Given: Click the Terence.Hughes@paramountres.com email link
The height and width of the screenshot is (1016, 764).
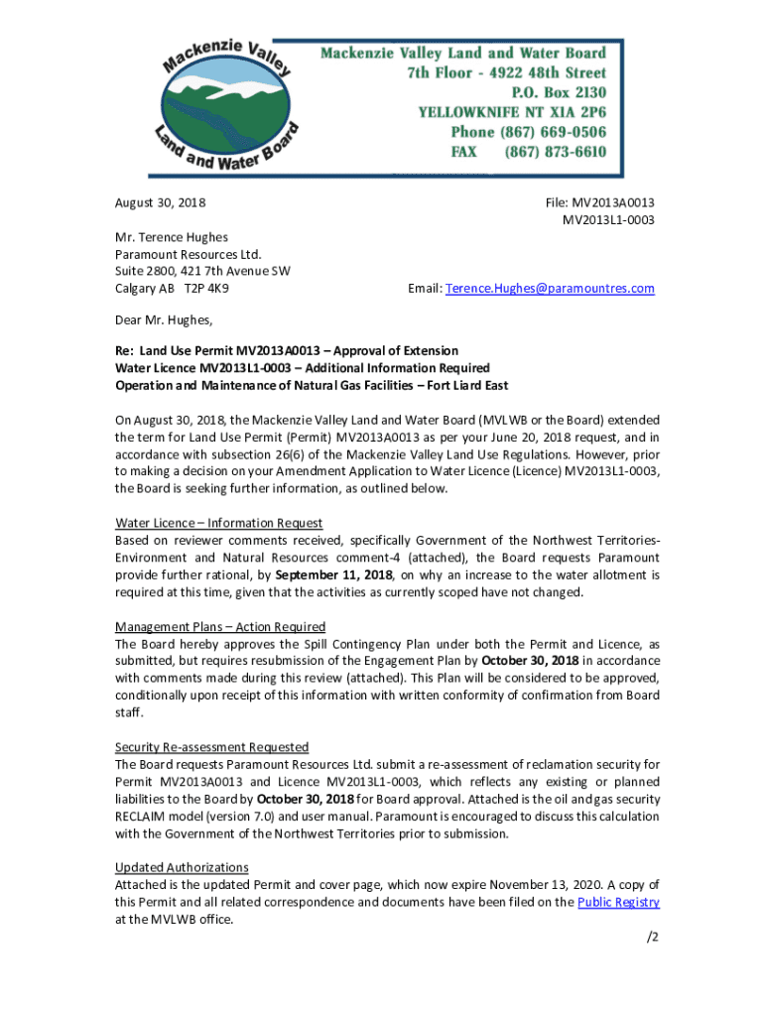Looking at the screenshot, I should pyautogui.click(x=550, y=289).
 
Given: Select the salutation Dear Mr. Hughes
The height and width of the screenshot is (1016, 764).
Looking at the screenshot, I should pyautogui.click(x=164, y=319).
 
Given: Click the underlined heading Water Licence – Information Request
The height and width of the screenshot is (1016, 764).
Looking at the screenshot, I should pyautogui.click(x=218, y=523).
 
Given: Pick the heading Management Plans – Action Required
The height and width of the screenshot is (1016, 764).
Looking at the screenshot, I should pyautogui.click(x=220, y=627).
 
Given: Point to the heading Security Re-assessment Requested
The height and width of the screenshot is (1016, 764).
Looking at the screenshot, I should pyautogui.click(x=212, y=747).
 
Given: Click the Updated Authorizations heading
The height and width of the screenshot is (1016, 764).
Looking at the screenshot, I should pyautogui.click(x=182, y=868).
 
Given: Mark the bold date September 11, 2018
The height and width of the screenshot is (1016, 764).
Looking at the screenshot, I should pyautogui.click(x=333, y=575).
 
